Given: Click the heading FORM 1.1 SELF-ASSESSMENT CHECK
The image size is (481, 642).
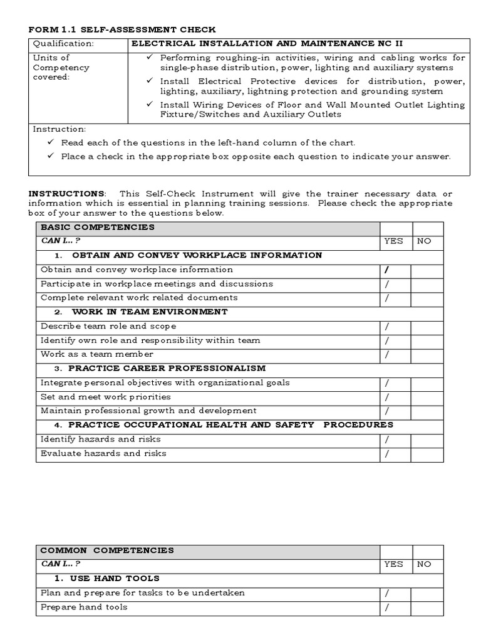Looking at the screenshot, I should (122, 29).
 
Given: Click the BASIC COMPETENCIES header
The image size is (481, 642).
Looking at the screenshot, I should (97, 227).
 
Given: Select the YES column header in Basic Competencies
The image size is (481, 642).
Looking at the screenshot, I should (394, 241).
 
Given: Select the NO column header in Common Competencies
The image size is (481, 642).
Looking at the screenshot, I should (424, 564).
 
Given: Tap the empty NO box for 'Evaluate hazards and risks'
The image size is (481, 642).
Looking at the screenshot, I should (427, 454).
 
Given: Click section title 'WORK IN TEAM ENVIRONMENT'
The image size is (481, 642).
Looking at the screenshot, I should (150, 312).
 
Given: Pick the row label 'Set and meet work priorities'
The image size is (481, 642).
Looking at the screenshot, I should (106, 397).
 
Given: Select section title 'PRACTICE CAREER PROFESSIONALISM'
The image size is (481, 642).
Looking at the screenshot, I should (167, 369).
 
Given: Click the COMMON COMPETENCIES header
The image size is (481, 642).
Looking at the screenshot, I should (107, 550).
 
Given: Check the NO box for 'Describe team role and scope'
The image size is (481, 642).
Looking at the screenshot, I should (427, 327).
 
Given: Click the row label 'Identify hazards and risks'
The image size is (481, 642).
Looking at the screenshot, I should (101, 439).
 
